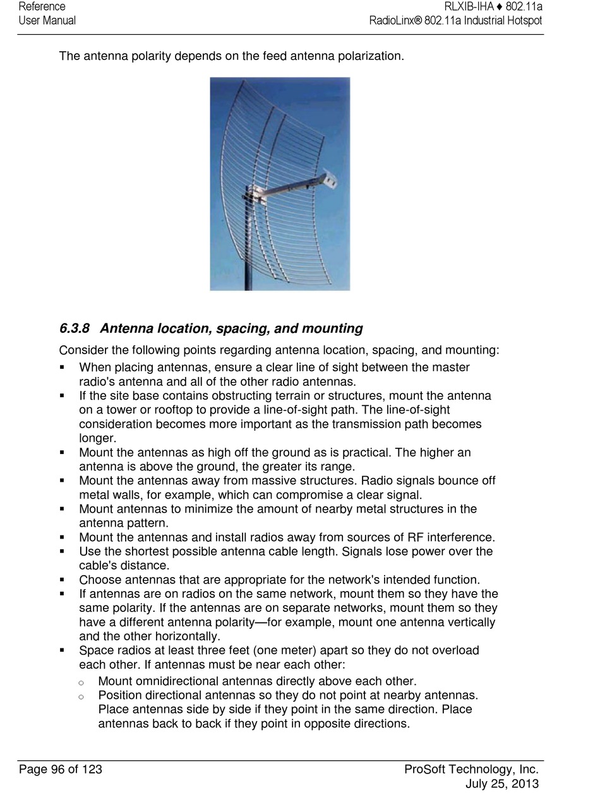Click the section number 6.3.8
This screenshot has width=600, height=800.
pyautogui.click(x=74, y=329)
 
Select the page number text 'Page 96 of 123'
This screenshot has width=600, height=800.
pyautogui.click(x=61, y=769)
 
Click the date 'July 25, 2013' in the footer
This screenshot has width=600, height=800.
pyautogui.click(x=501, y=784)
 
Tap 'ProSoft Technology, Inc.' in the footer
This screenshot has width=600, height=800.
pyautogui.click(x=471, y=769)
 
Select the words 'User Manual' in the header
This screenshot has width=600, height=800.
pyautogui.click(x=47, y=20)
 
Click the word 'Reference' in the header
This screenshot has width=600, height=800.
pyautogui.click(x=42, y=6)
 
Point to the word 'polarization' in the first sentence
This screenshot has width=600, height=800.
pyautogui.click(x=369, y=56)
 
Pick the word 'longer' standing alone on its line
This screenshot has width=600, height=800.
pyautogui.click(x=97, y=438)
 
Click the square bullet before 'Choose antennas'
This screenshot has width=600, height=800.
pyautogui.click(x=63, y=580)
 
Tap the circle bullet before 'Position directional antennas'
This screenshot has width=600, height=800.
pyautogui.click(x=81, y=696)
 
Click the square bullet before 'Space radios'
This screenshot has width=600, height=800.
pyautogui.click(x=63, y=650)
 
